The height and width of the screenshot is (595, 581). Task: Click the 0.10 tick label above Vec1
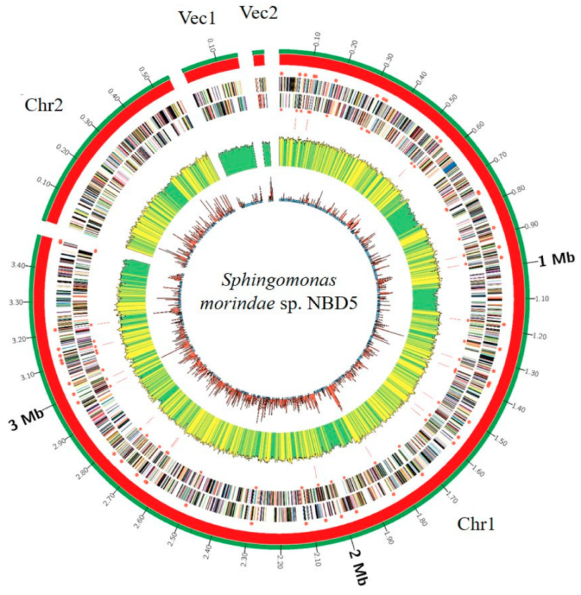(x=212, y=45)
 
